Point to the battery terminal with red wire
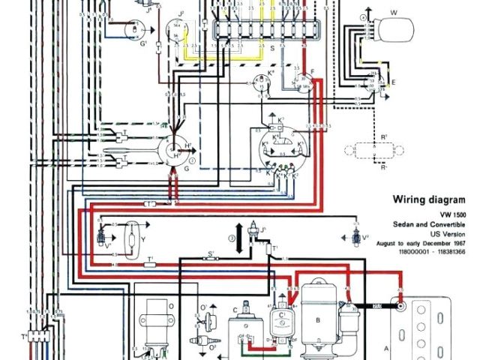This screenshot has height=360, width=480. (402, 306)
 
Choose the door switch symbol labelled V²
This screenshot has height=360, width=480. (357, 238)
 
